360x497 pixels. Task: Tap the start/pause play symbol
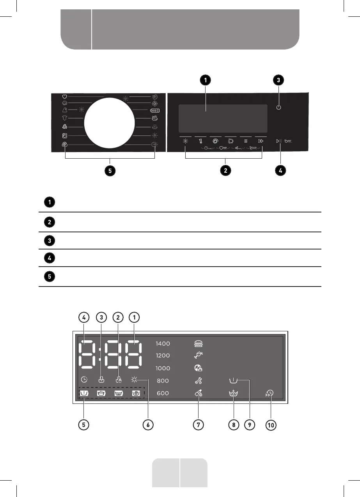(x=278, y=141)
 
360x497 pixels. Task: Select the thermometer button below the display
(x=200, y=141)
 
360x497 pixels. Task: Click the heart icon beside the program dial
(x=65, y=96)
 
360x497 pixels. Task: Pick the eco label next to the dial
(x=153, y=111)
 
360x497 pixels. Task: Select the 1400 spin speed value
(x=163, y=344)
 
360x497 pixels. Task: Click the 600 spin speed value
(x=163, y=393)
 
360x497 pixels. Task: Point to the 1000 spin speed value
(x=163, y=368)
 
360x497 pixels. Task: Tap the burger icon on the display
(x=199, y=343)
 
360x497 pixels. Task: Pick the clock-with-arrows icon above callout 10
(x=270, y=394)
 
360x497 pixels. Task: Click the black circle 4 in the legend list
(x=50, y=258)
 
